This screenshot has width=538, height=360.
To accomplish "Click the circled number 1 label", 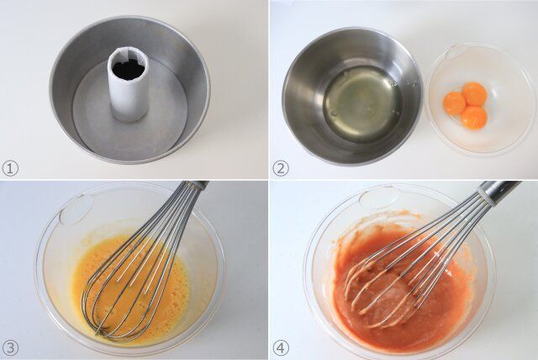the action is [10, 168].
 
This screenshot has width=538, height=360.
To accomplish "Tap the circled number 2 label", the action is [281, 168].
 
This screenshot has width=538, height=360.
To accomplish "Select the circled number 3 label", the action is [10, 348].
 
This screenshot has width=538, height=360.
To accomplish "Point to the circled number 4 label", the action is [281, 348].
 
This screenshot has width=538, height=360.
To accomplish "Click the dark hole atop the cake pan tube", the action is [129, 69].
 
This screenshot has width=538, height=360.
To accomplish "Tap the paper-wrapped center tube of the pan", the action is [128, 85].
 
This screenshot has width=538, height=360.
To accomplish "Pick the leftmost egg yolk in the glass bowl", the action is [454, 102].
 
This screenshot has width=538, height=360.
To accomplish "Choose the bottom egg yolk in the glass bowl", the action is [473, 117].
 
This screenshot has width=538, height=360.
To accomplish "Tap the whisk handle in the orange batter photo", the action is [500, 189].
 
